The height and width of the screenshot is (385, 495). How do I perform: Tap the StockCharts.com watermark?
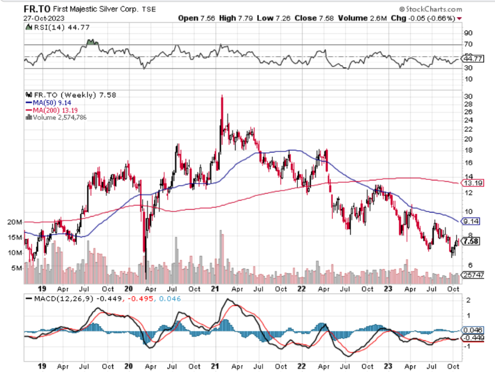(431, 9)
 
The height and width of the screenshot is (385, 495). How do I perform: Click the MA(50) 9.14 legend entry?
(50, 102)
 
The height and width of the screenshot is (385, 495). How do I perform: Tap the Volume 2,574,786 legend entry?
(58, 117)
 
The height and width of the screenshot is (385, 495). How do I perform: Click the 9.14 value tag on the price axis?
(470, 221)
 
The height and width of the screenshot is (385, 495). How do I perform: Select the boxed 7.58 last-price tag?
(470, 241)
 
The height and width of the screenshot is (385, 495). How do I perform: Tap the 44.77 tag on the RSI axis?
(470, 58)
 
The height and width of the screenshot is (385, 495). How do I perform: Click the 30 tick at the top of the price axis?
(467, 96)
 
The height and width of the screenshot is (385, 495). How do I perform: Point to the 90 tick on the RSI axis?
(467, 33)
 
